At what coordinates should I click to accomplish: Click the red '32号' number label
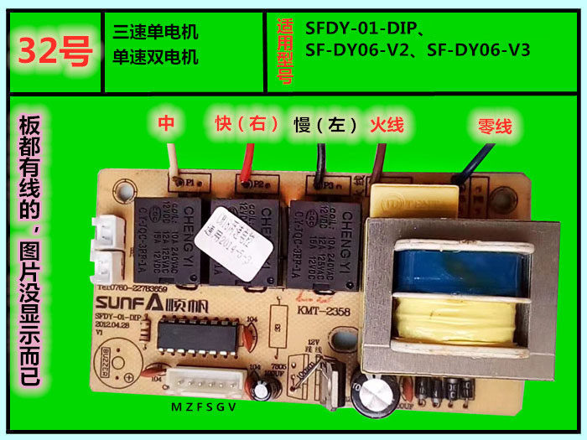coord(55,53)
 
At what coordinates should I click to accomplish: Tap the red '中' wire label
coord(166,124)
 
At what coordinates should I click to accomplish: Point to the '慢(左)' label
coord(326,125)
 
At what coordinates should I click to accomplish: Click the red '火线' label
coord(387,125)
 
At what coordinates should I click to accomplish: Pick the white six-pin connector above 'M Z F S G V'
coord(206,385)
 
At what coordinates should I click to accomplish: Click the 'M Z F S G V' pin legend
coord(203,408)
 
